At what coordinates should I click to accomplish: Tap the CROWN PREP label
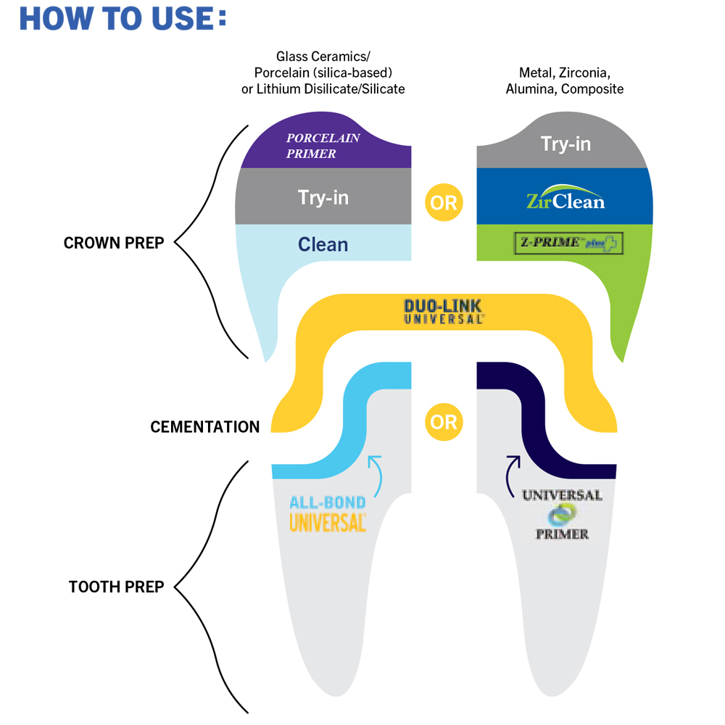[114, 243]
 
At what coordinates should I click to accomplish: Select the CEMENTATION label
[205, 427]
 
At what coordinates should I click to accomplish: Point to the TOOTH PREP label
[116, 587]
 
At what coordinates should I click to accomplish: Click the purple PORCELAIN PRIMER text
[323, 145]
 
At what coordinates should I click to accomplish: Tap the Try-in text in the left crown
[323, 196]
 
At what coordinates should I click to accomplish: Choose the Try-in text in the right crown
[565, 144]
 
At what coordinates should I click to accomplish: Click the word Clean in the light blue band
[323, 244]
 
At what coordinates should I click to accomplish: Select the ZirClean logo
[565, 199]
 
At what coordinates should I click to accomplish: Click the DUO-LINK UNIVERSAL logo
[444, 311]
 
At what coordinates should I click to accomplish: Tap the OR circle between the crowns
[444, 202]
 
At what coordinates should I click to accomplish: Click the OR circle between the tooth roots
[444, 422]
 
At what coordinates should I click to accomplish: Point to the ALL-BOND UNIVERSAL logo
[328, 514]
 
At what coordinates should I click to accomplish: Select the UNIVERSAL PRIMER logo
[562, 514]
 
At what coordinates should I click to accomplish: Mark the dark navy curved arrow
[512, 469]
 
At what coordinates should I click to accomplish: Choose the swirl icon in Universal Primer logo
[562, 515]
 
